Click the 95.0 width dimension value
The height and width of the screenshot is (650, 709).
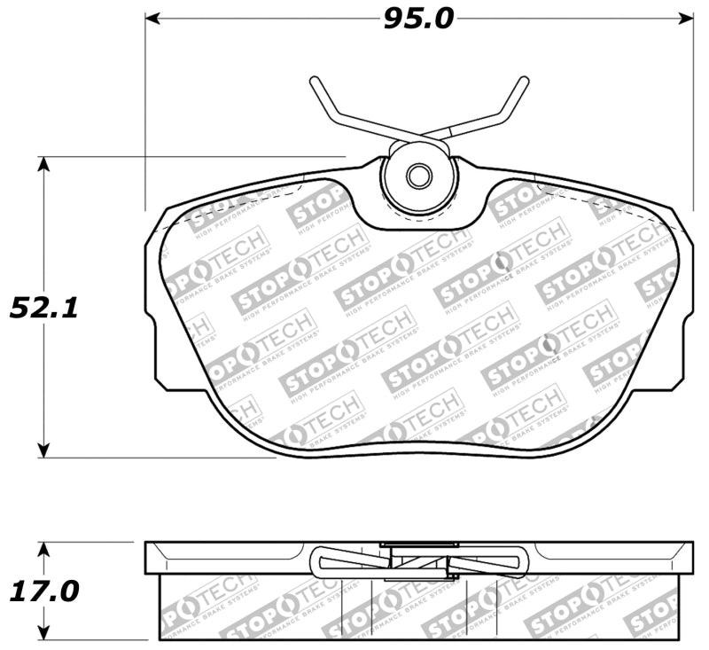(417, 18)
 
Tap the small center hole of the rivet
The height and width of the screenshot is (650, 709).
(417, 175)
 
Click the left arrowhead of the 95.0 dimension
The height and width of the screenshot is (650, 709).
(151, 18)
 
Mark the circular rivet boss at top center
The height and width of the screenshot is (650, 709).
(417, 177)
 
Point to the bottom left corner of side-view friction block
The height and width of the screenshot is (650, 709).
(160, 639)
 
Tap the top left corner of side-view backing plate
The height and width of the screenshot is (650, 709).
(146, 543)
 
